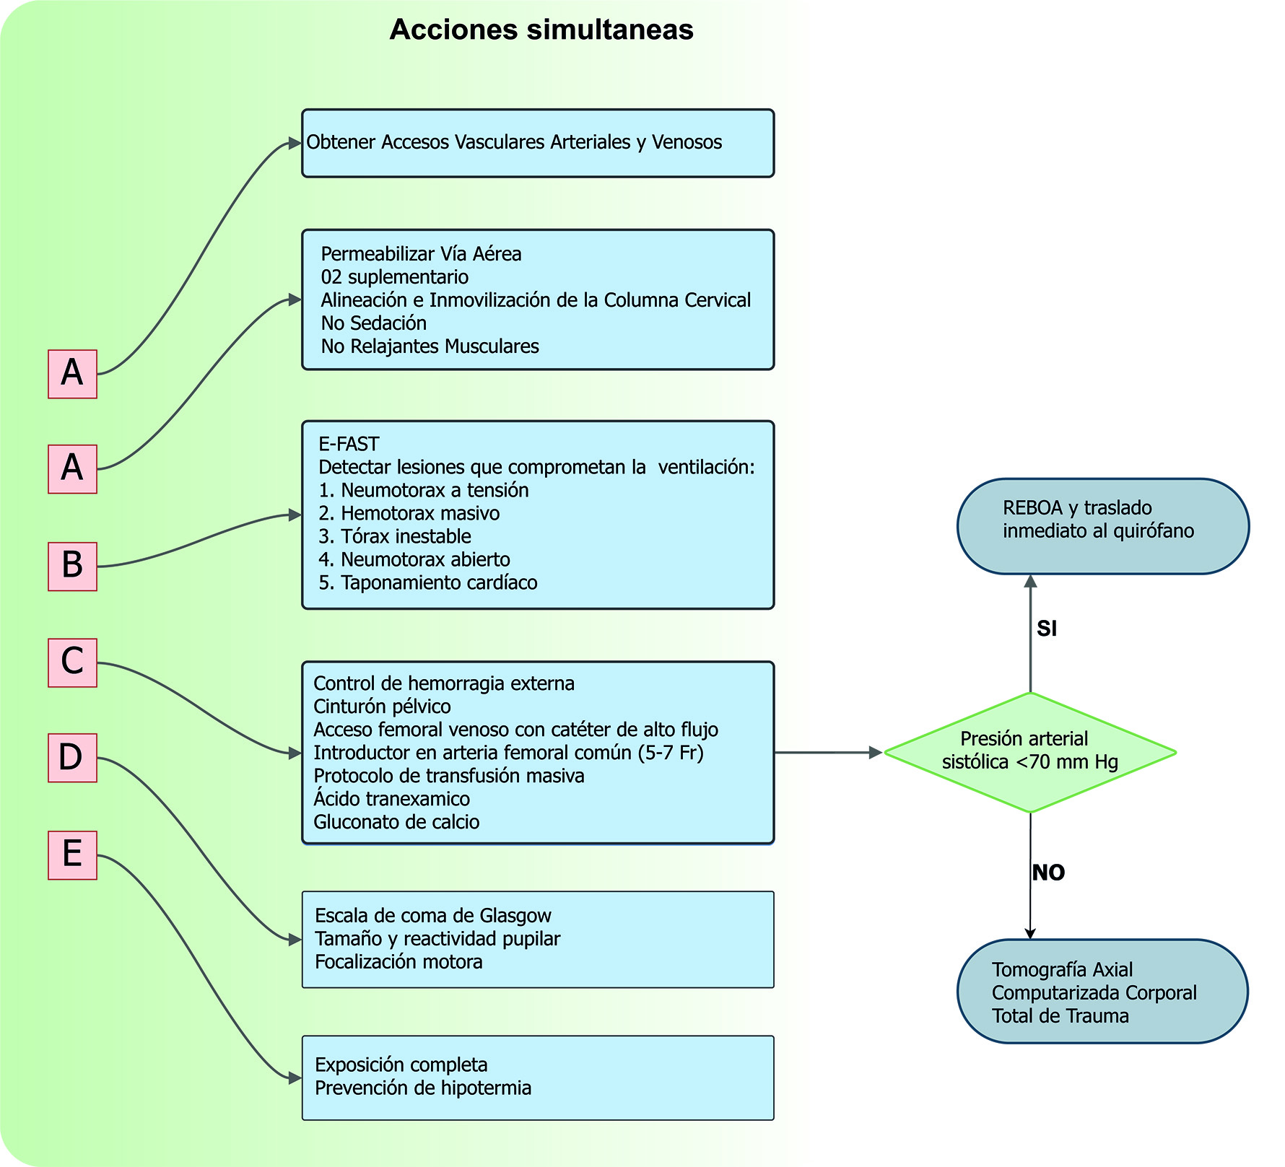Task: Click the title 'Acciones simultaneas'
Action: point(541,30)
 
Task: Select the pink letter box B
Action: point(72,567)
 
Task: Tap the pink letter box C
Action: point(72,663)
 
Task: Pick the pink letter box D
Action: point(72,758)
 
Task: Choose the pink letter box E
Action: point(72,855)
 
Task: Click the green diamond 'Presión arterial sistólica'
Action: point(1030,752)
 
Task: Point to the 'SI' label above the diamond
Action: point(1047,629)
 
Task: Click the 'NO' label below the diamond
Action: point(1048,873)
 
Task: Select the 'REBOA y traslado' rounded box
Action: point(1102,526)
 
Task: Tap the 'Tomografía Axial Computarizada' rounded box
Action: point(1102,992)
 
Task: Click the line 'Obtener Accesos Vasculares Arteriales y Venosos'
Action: point(514,142)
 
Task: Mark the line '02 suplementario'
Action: point(395,277)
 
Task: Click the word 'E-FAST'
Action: point(349,444)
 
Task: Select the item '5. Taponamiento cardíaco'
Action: point(428,582)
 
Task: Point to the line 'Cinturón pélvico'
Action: point(382,707)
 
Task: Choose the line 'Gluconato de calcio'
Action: point(396,822)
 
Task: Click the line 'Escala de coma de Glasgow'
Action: point(433,916)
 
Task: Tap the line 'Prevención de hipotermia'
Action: point(423,1088)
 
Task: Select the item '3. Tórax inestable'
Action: point(395,536)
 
